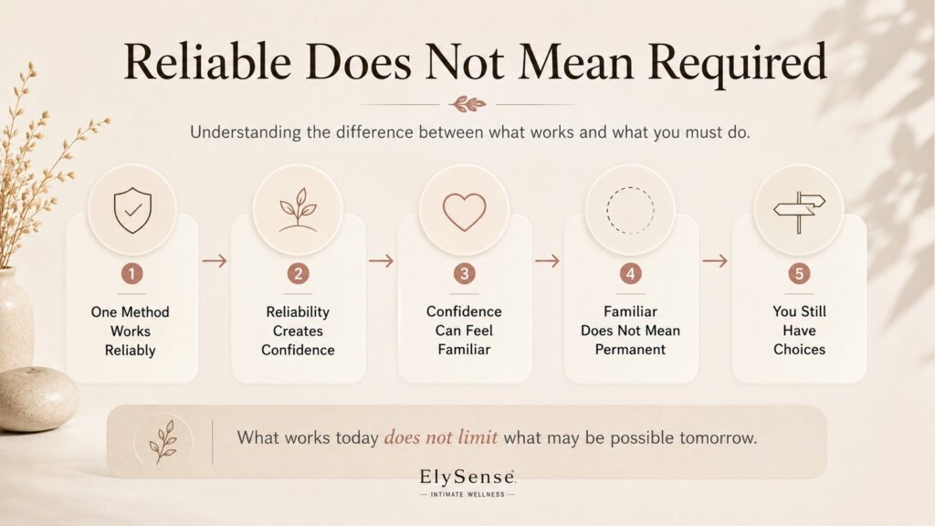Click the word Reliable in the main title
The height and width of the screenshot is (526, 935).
click(x=207, y=61)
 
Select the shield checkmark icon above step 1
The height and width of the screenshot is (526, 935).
click(x=132, y=211)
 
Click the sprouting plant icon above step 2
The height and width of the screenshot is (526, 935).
click(x=299, y=210)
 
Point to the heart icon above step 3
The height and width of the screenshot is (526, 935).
click(x=465, y=212)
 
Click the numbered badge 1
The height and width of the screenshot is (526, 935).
click(x=131, y=274)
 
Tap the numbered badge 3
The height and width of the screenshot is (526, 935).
click(x=464, y=274)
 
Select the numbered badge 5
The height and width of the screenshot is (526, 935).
click(x=799, y=274)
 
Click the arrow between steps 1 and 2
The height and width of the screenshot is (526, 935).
click(x=214, y=260)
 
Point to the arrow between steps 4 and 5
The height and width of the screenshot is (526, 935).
click(x=715, y=260)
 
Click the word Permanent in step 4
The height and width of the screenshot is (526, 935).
click(x=630, y=350)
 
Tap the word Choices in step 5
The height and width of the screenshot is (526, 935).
click(x=799, y=350)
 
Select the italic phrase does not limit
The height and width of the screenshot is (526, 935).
click(x=441, y=437)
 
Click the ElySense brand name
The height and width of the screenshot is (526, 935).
click(x=467, y=477)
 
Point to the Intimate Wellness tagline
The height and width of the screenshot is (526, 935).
click(x=467, y=494)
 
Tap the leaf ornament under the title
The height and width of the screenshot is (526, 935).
click(x=467, y=104)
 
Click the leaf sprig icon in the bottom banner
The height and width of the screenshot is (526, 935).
click(x=163, y=442)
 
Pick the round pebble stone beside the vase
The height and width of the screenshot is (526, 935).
click(x=38, y=398)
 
